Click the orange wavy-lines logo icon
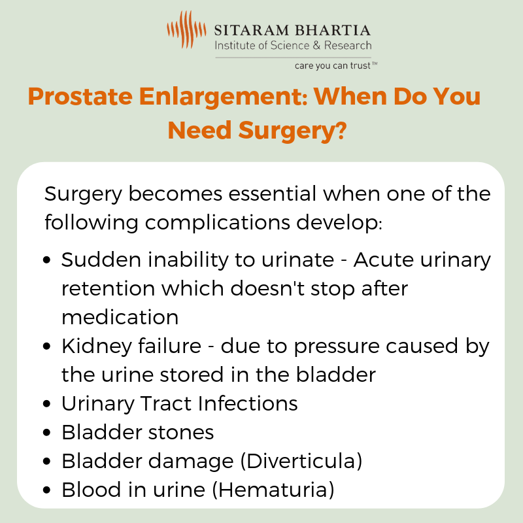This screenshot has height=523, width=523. point(186,29)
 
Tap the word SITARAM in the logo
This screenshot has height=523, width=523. point(251,30)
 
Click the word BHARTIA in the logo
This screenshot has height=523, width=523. point(333,30)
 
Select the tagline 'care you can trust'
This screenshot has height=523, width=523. point(333,66)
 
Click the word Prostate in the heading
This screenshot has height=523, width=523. point(80,97)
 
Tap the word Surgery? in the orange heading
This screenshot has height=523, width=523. point(292,131)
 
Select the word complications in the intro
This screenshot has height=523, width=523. point(217,223)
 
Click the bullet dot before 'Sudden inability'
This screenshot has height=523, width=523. point(46,260)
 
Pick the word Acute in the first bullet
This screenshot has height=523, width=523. point(383,260)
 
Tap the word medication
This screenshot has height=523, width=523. point(120,317)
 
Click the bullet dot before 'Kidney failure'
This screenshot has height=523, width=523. point(46,346)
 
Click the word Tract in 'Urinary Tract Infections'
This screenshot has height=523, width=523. point(166,403)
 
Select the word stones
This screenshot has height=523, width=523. point(181,433)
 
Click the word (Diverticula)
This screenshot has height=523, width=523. point(301,462)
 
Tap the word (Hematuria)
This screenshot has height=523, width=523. point(273,490)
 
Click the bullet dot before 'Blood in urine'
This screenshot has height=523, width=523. point(46,490)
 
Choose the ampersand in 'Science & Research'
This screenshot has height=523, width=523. point(316,45)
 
